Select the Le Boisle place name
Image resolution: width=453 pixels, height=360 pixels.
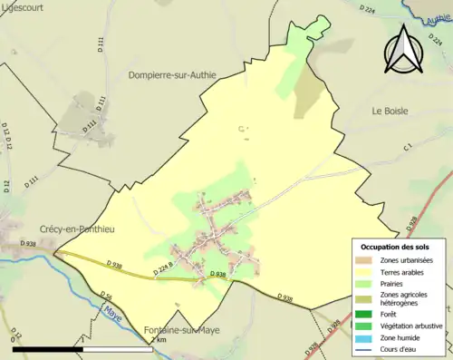click(390, 111)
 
